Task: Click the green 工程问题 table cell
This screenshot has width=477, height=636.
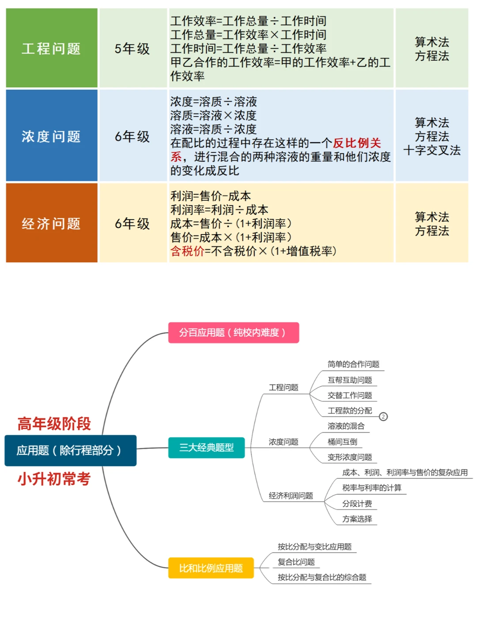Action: (x=52, y=48)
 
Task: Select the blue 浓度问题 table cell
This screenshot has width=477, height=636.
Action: (x=52, y=135)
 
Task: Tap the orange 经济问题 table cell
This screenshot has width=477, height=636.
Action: (x=52, y=223)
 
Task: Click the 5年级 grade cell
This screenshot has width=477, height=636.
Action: (x=133, y=48)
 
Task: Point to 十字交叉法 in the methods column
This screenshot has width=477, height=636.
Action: (x=432, y=150)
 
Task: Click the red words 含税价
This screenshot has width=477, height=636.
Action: (x=187, y=251)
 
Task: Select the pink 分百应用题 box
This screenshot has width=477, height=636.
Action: (x=234, y=333)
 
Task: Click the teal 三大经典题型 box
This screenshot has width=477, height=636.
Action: (x=206, y=448)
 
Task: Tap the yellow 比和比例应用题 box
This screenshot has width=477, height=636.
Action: (x=211, y=568)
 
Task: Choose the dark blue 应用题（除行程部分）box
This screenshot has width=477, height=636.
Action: (x=70, y=450)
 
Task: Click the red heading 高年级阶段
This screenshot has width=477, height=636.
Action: (x=54, y=424)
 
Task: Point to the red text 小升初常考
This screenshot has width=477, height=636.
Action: (x=54, y=479)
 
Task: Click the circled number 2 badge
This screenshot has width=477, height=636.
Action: (x=383, y=416)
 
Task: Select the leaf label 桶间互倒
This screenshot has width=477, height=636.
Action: (x=342, y=442)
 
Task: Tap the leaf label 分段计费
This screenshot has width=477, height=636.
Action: (x=357, y=503)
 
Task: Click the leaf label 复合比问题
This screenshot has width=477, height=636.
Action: (x=296, y=562)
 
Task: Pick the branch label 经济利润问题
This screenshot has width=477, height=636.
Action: (x=291, y=496)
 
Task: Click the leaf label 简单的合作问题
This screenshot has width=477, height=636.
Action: (x=353, y=364)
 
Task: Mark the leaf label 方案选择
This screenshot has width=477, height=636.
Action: (x=357, y=519)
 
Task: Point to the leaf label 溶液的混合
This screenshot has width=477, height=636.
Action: (x=346, y=426)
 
